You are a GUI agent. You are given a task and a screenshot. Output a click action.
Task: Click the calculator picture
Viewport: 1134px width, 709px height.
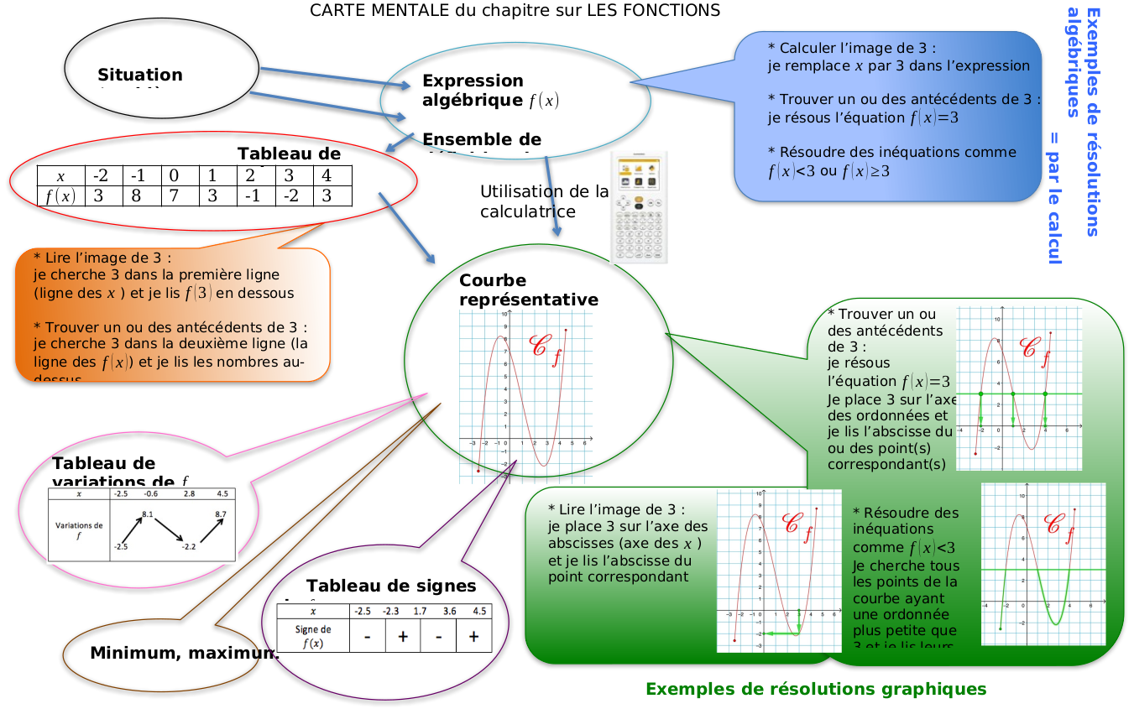638,207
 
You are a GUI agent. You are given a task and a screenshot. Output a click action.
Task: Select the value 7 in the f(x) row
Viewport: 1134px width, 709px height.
175,196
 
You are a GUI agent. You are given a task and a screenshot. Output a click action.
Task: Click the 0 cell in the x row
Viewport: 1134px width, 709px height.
175,176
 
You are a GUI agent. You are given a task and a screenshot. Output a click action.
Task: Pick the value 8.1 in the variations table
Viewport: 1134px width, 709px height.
148,514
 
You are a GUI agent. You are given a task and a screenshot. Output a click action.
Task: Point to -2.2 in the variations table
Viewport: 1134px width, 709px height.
188,546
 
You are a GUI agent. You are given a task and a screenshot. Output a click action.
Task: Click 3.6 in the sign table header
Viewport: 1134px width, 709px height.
450,611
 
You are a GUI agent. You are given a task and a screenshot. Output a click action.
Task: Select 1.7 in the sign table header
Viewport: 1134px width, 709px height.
421,611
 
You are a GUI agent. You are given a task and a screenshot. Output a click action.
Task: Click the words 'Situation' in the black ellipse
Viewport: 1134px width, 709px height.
139,75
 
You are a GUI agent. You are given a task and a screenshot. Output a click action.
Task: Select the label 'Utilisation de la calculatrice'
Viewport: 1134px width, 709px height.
544,201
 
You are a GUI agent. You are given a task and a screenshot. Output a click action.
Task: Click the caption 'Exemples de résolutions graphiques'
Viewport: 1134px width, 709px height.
816,689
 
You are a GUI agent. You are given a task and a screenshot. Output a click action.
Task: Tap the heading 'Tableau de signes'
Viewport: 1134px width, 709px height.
391,586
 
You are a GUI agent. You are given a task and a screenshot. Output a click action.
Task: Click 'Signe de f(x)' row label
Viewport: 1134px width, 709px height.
313,637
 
